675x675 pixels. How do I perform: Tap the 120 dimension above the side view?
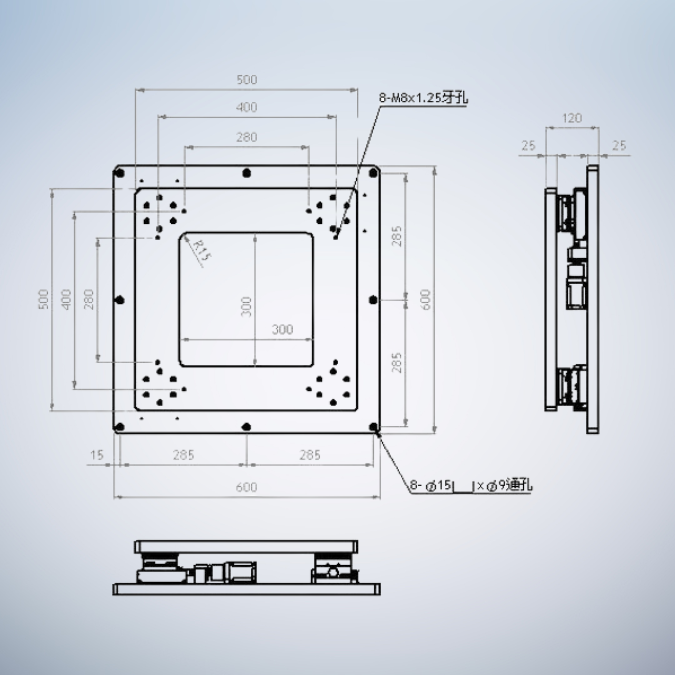pyautogui.click(x=571, y=118)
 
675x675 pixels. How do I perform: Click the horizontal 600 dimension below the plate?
pyautogui.click(x=246, y=487)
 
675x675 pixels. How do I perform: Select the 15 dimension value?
pyautogui.click(x=97, y=455)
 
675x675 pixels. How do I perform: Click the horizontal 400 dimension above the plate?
pyautogui.click(x=246, y=107)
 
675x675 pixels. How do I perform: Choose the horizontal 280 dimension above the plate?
pyautogui.click(x=246, y=137)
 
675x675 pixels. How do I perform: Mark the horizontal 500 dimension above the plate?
pyautogui.click(x=246, y=79)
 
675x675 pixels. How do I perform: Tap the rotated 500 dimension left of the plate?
pyautogui.click(x=43, y=299)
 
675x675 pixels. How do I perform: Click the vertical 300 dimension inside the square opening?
pyautogui.click(x=246, y=306)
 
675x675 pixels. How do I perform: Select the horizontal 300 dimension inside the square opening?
pyautogui.click(x=282, y=329)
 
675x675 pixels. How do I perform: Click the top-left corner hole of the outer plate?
pyautogui.click(x=120, y=172)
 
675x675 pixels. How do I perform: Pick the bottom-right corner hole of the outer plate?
pyautogui.click(x=374, y=427)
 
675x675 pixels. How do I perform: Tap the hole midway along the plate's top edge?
pyautogui.click(x=247, y=172)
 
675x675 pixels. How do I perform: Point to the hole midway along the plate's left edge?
pyautogui.click(x=120, y=299)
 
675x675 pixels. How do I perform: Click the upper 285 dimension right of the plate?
pyautogui.click(x=397, y=235)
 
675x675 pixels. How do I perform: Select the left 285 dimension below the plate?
pyautogui.click(x=183, y=455)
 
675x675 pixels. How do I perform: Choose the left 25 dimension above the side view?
pyautogui.click(x=528, y=146)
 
